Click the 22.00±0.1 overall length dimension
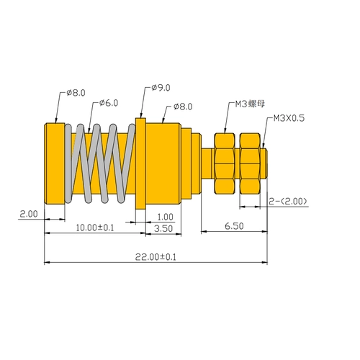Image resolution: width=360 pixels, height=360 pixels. [x=156, y=257]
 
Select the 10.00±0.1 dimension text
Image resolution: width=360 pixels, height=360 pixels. [x=95, y=228]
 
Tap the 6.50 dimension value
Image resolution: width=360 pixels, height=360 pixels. [x=234, y=226]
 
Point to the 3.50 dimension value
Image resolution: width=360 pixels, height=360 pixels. [x=163, y=228]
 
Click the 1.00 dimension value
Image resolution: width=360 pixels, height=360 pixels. [x=165, y=217]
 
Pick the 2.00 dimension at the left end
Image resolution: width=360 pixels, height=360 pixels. [x=29, y=214]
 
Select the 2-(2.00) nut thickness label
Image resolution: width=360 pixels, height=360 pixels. [x=288, y=201]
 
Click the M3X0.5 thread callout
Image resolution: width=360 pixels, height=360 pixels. [x=289, y=118]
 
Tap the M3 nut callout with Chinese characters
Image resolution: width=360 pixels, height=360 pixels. [x=250, y=104]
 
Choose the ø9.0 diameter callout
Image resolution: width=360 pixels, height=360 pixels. [x=161, y=88]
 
